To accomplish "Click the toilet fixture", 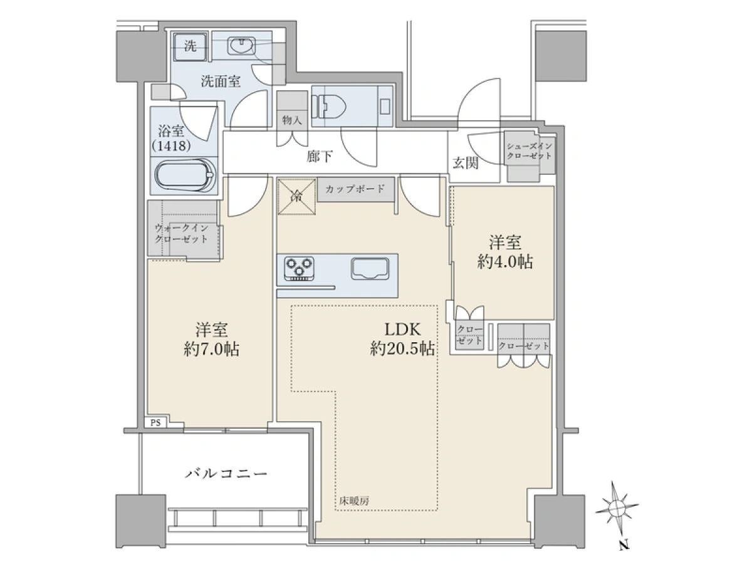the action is [x=329, y=106].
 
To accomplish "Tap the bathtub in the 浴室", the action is [x=185, y=175].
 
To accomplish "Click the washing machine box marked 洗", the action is [x=190, y=46].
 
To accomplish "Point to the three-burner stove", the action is [x=299, y=268].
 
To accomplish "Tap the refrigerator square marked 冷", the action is [x=296, y=197].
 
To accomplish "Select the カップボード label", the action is [x=355, y=189].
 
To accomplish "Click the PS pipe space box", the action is [x=155, y=422].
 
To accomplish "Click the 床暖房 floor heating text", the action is [x=354, y=501].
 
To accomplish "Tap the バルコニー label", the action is [x=226, y=474].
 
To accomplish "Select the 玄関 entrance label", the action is [x=465, y=164].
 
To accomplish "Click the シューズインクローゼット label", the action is [x=530, y=151].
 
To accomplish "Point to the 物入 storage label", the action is [x=292, y=120].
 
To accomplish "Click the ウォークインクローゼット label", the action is [x=182, y=234].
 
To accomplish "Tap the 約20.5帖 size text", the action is [x=402, y=349].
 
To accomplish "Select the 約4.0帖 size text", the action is [x=505, y=263].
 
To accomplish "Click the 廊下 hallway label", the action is [x=319, y=157].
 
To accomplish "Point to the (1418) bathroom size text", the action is [x=171, y=146].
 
